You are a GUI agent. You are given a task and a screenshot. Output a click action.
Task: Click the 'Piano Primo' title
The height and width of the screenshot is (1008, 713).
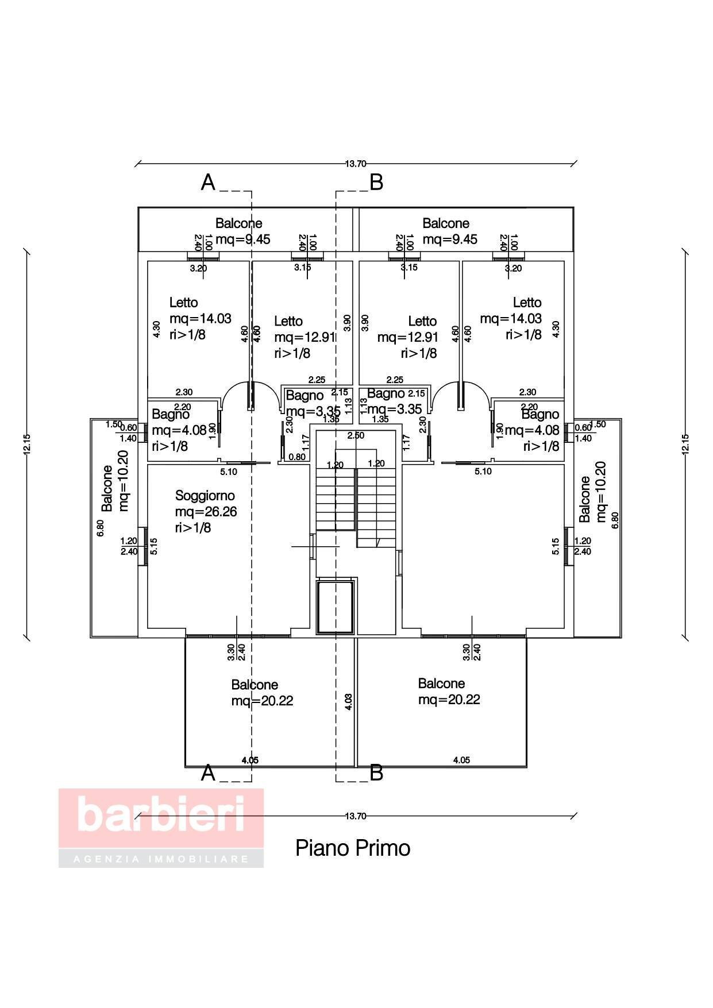[353, 848]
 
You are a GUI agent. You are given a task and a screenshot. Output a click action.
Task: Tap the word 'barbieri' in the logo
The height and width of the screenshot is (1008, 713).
[161, 814]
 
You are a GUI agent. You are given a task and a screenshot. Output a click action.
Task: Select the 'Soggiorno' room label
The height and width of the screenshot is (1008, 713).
[205, 496]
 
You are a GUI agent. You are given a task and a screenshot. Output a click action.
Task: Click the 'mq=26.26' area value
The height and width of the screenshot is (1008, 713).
[206, 512]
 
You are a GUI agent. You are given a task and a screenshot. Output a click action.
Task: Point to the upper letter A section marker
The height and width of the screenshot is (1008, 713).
[208, 183]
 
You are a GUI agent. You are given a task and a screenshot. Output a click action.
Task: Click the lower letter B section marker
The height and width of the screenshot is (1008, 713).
[376, 773]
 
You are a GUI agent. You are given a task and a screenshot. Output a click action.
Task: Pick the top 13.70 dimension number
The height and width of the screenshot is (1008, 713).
[356, 164]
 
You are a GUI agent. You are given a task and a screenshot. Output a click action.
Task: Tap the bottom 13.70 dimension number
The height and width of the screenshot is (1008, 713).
[356, 816]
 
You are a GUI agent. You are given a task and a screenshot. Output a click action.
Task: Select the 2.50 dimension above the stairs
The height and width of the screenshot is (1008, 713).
[356, 436]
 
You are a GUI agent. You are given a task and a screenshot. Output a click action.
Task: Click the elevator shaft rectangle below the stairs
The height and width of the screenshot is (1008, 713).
[335, 607]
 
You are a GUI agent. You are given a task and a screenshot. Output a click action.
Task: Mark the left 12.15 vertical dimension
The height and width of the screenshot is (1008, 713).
[26, 443]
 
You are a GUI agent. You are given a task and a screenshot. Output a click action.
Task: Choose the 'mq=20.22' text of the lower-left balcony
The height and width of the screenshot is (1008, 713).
[262, 701]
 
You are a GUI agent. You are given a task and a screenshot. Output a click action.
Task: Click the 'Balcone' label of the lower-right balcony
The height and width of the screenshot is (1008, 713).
[441, 683]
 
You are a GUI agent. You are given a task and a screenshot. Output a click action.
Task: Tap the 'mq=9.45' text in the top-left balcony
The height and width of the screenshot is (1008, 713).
[242, 240]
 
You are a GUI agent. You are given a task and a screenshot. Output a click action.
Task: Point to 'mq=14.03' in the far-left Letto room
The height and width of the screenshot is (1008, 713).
[200, 319]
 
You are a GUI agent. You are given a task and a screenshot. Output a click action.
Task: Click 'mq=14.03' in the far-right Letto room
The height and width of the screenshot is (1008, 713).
[511, 319]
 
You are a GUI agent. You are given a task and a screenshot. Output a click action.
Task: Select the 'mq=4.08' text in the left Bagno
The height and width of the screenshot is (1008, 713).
[179, 430]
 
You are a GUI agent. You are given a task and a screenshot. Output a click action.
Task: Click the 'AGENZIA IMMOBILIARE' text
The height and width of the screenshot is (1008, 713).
[161, 859]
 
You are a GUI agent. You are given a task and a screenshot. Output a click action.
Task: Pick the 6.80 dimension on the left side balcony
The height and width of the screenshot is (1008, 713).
[101, 528]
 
